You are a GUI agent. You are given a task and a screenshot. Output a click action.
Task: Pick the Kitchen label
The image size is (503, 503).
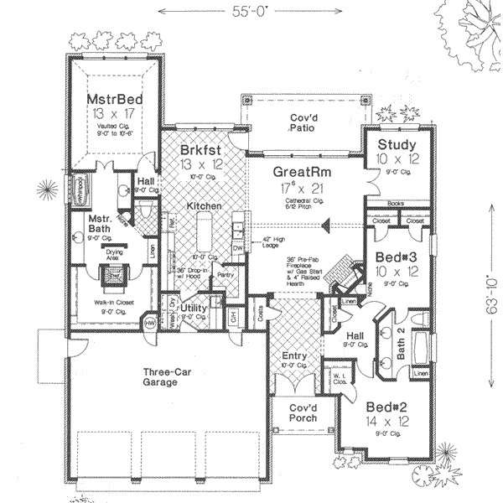(x=203, y=205)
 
